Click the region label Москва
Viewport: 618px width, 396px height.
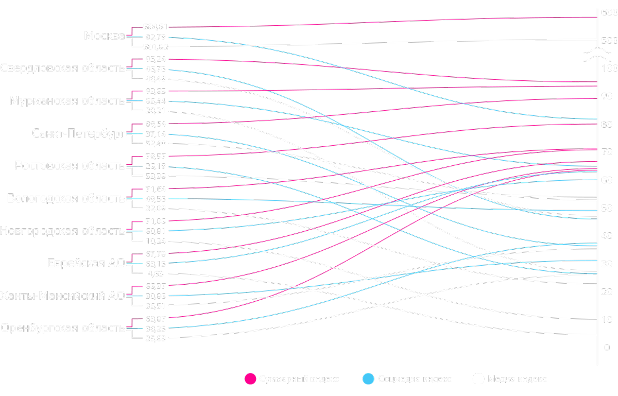click(105, 36)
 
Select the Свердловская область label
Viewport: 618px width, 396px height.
click(62, 68)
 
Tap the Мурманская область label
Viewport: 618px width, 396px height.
click(67, 101)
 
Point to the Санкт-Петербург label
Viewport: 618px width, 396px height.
click(78, 133)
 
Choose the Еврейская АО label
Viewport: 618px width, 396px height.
click(86, 263)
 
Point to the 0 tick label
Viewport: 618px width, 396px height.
click(607, 348)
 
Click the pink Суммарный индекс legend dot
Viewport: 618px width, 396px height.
click(251, 379)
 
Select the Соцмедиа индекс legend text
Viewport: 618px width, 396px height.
click(415, 379)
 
